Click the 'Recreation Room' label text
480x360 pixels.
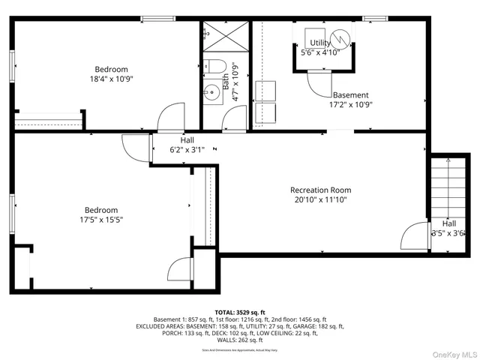pyautogui.click(x=320, y=190)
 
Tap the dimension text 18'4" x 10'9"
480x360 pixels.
pyautogui.click(x=111, y=78)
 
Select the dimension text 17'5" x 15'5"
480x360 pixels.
pyautogui.click(x=100, y=220)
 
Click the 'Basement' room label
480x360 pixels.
pyautogui.click(x=350, y=95)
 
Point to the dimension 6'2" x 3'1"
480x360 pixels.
pyautogui.click(x=187, y=150)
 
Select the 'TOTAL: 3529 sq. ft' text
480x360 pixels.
pyautogui.click(x=240, y=312)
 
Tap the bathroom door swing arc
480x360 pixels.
pyautogui.click(x=235, y=117)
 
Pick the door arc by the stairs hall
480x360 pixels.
pyautogui.click(x=413, y=238)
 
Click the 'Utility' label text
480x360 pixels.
pyautogui.click(x=320, y=43)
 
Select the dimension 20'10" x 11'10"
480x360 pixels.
pyautogui.click(x=320, y=200)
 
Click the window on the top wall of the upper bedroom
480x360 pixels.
pyautogui.click(x=154, y=19)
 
